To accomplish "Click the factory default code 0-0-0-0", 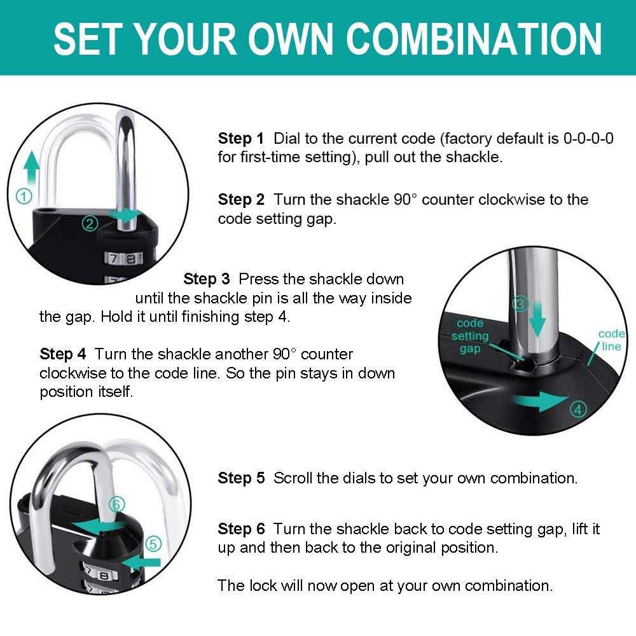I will click(x=588, y=139).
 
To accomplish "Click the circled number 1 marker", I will click(x=24, y=197).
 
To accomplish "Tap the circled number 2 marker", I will click(x=90, y=223).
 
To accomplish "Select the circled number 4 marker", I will click(x=577, y=410).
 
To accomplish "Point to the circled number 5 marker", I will click(x=153, y=544).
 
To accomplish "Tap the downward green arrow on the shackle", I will click(x=538, y=322).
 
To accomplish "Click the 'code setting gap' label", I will click(x=470, y=336).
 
